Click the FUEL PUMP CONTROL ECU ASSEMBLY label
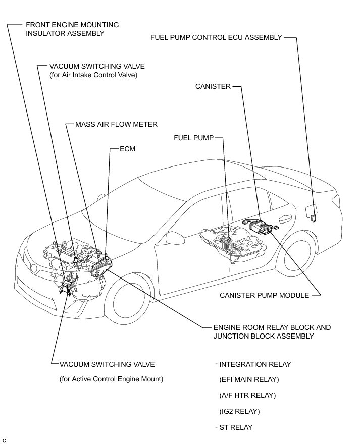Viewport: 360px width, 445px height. point(216,37)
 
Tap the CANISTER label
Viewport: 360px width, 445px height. point(213,87)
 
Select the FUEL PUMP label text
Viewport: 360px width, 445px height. point(193,137)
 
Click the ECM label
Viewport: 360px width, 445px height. point(128,149)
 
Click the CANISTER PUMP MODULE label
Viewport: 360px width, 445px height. point(264,295)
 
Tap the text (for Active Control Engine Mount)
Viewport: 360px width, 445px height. point(111,379)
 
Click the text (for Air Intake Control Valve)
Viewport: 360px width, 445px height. point(93,75)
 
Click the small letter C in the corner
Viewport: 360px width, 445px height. point(4,440)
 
